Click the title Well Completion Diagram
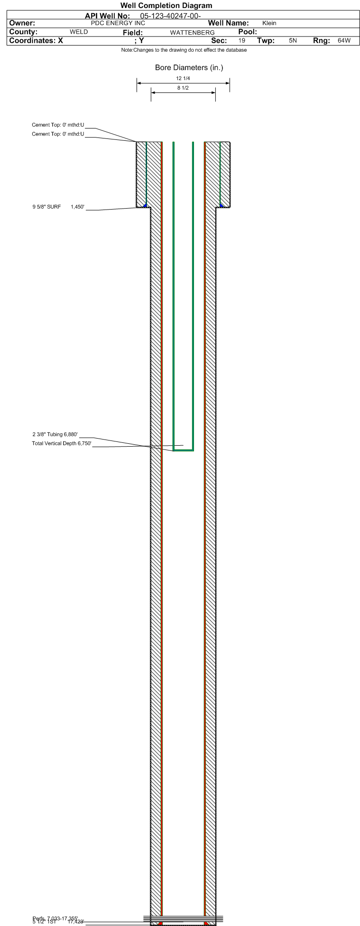(x=166, y=6)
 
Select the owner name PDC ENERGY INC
(x=118, y=23)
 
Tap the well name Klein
(x=269, y=23)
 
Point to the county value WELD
(x=79, y=32)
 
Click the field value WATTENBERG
(x=192, y=33)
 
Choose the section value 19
(x=242, y=41)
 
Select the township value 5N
(x=293, y=41)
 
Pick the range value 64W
(x=344, y=41)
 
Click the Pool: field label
(x=247, y=32)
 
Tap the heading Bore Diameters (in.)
(x=189, y=68)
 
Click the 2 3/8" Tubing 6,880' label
(x=55, y=434)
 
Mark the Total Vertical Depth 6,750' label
(x=61, y=444)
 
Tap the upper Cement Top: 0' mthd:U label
(x=58, y=125)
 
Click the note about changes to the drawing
(x=184, y=50)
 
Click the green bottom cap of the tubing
(x=183, y=450)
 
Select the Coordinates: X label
(x=36, y=41)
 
